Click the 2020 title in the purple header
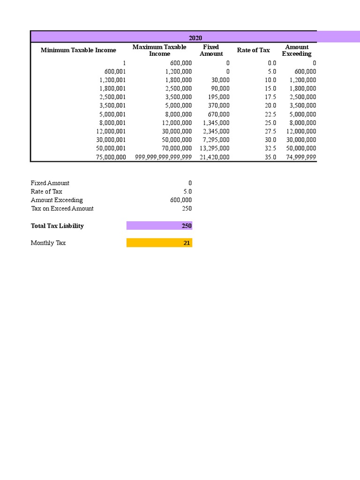click(x=195, y=38)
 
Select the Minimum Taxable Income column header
click(x=78, y=50)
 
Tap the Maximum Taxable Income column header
click(x=159, y=50)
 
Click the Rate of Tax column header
click(x=253, y=50)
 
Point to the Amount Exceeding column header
click(x=297, y=50)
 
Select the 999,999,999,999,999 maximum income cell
click(x=163, y=157)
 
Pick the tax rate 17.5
click(x=270, y=97)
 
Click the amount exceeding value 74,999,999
click(x=301, y=157)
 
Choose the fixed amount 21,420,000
click(x=214, y=157)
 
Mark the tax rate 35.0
click(x=270, y=157)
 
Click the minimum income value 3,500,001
click(x=112, y=105)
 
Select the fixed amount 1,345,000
click(x=216, y=123)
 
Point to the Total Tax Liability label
click(x=57, y=226)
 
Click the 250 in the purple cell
click(x=187, y=226)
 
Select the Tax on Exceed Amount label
click(x=62, y=209)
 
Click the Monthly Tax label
click(x=48, y=243)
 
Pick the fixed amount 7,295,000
click(x=216, y=140)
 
